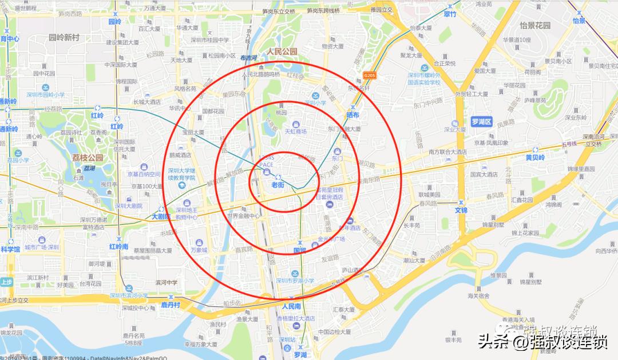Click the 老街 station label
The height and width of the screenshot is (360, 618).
coord(278,185)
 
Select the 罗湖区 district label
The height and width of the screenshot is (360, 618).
coord(481,122)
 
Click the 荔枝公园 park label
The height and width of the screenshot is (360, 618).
coord(87,158)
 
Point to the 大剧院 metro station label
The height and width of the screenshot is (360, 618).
coord(162,217)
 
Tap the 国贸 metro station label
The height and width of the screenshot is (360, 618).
coord(300,250)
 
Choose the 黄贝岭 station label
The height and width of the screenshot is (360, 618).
coord(536,157)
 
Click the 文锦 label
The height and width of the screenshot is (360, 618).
coord(461,210)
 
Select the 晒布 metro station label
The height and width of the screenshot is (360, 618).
coord(352,115)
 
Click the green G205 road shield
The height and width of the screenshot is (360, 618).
coord(370,75)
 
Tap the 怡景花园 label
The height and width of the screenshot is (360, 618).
coord(534,25)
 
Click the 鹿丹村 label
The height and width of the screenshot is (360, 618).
coord(171,304)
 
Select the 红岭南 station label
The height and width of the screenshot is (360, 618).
coord(118,247)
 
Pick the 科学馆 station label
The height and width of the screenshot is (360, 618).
coord(10,249)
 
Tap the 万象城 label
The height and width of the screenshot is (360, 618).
coord(199,250)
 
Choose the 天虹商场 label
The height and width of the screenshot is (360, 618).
coord(296,131)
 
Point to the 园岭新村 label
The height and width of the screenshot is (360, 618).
coord(64,37)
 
